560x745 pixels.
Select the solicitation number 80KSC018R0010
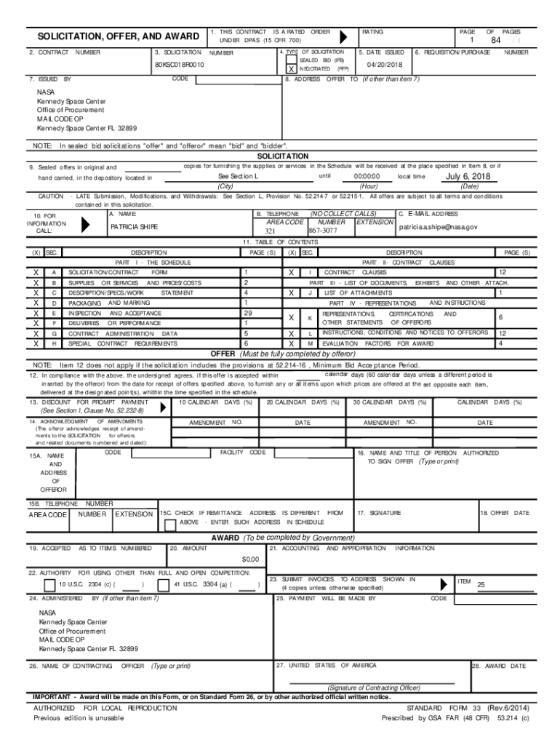(x=179, y=65)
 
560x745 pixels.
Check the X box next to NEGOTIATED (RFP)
(x=292, y=68)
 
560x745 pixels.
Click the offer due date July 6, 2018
(x=468, y=177)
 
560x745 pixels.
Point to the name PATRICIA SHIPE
(x=134, y=227)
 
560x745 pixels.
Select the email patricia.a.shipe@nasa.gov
(x=437, y=227)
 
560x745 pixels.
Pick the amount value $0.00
(x=249, y=558)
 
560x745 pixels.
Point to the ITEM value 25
(x=481, y=585)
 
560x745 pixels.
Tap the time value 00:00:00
(x=367, y=177)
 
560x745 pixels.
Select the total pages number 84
(x=497, y=41)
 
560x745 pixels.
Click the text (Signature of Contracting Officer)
(x=373, y=687)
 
